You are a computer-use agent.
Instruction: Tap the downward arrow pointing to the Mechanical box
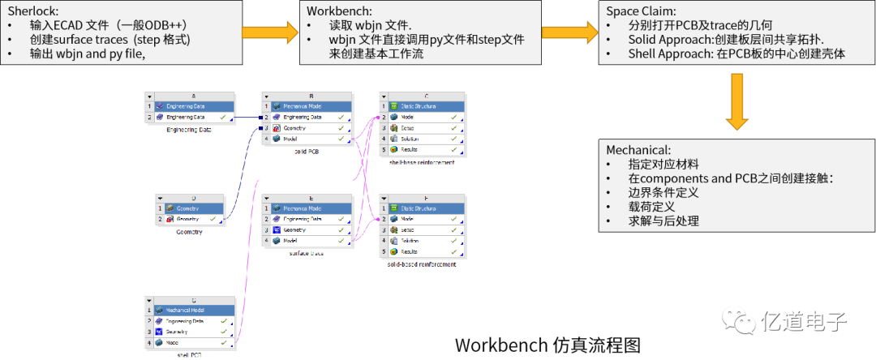coord(736,102)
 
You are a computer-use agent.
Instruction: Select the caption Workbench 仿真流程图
coord(547,345)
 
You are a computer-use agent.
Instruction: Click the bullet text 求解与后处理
coord(663,221)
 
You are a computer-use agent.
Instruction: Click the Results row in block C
coord(414,150)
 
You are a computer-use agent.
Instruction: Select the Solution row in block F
coord(414,241)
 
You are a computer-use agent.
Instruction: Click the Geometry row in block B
coord(296,128)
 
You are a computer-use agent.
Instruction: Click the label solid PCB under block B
coord(306,152)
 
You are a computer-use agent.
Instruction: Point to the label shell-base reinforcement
coord(422,162)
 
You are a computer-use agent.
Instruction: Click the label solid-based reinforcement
coord(422,264)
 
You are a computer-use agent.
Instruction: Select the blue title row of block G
coord(194,310)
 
